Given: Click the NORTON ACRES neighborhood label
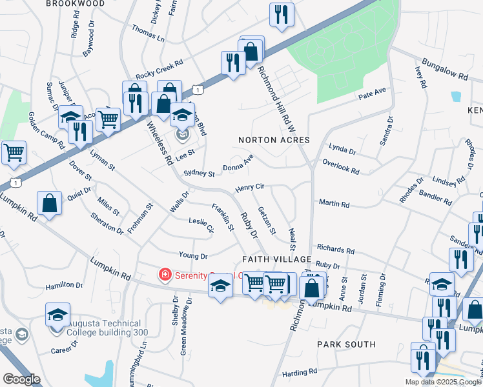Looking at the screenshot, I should pos(274,140).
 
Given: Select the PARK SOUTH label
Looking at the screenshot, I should pos(346,344).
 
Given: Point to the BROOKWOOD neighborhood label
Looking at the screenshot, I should pos(76,4).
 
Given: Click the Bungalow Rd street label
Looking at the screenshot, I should pos(446,73).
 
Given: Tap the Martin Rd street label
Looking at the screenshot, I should pos(334,204).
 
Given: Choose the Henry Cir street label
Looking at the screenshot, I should pos(250,187).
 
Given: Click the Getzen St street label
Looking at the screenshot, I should pos(267,221).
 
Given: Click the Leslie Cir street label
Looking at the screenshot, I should pos(200,225).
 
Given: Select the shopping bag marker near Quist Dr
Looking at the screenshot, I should pos(50,203).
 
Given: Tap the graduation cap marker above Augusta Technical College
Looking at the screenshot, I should pos(58,315).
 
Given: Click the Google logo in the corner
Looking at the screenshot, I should pos(21,379).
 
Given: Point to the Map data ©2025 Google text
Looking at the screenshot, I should pos(442,382).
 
